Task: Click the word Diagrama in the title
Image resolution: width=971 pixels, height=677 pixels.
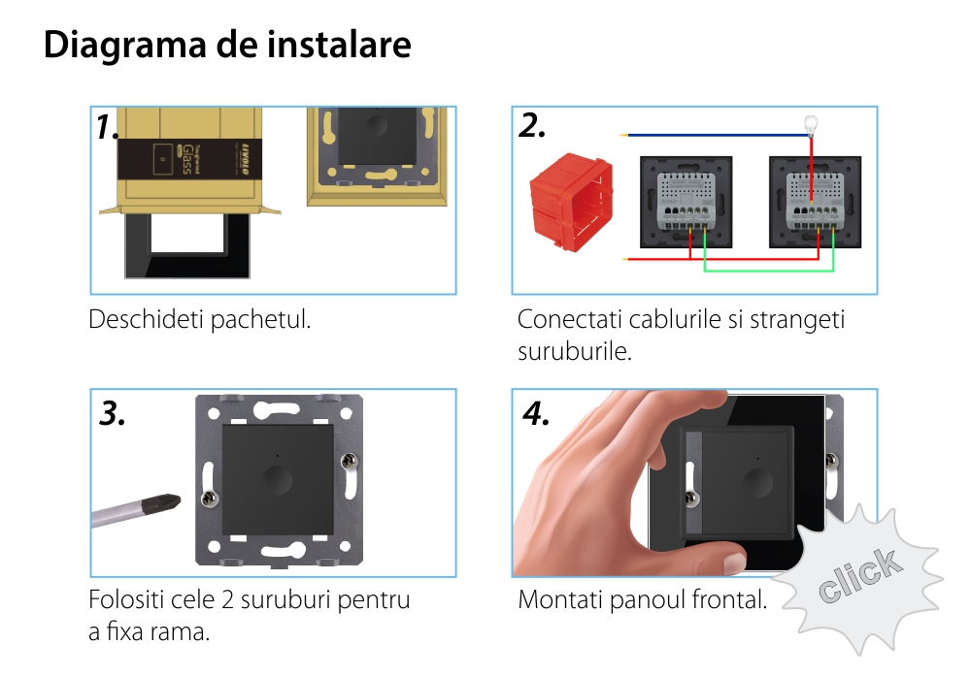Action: coord(124,46)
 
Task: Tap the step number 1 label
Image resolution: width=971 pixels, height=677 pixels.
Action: coord(107,126)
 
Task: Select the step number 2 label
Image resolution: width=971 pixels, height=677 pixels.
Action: coord(532,126)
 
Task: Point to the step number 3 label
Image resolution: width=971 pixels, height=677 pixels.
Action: coord(112,413)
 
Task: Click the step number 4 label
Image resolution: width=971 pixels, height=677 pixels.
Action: coord(536,413)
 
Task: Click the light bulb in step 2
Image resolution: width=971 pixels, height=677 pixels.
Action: coord(811,125)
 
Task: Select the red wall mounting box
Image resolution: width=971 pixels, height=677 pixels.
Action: coord(571,202)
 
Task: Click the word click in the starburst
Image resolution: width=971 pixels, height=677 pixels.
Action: coord(859,575)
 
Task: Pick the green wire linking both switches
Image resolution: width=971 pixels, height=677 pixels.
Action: coord(768,270)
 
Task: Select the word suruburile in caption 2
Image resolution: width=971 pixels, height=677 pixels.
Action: coord(575,351)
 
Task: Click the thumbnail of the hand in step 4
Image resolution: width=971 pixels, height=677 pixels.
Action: coord(625,483)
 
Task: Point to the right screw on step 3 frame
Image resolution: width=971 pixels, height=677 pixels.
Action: coord(349,461)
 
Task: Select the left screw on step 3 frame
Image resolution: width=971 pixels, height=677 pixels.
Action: coord(210,499)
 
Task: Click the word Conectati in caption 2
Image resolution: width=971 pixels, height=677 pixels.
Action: coord(569,320)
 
